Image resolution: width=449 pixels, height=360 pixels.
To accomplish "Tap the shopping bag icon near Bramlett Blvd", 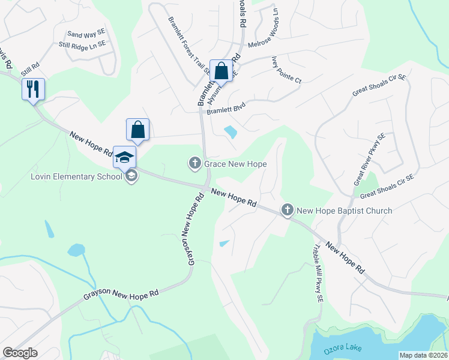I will (x=221, y=71).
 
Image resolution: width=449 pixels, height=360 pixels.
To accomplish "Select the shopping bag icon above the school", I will (x=137, y=130).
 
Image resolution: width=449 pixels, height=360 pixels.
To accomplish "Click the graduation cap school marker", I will (x=124, y=158).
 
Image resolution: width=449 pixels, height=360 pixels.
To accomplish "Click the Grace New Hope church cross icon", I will (x=194, y=163).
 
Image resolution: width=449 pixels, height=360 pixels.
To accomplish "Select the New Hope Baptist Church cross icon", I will (x=288, y=210).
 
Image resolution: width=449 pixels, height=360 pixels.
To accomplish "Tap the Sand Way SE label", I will (x=86, y=35).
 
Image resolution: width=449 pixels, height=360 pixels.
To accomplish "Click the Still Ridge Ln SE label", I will (x=82, y=44).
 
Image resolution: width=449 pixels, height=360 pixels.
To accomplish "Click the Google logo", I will (x=20, y=353).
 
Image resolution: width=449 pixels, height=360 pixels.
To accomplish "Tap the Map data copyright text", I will (x=423, y=355).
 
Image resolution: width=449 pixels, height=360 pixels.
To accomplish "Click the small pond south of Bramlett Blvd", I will (x=231, y=131).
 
